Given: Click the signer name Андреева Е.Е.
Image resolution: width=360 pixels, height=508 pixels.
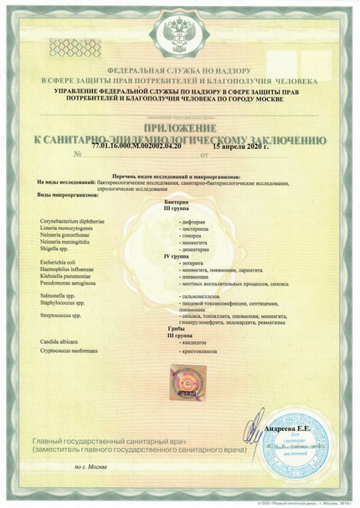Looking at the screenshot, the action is [x=290, y=427].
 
